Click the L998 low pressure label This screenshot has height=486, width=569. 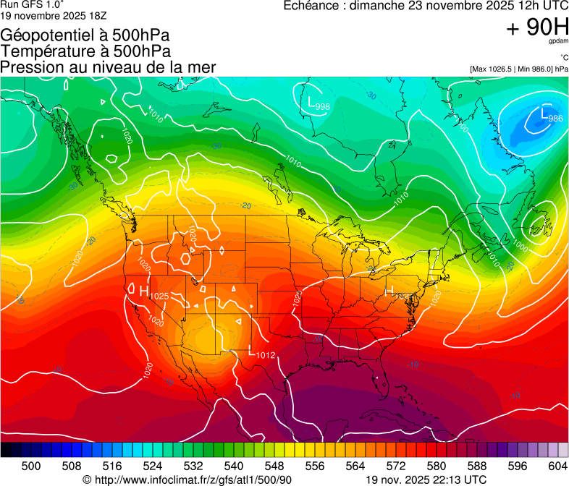[318, 104]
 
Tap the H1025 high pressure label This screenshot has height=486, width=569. [149, 293]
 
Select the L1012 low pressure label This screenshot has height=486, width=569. [261, 353]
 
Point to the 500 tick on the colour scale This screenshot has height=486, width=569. [31, 465]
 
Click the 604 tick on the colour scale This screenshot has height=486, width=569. [557, 465]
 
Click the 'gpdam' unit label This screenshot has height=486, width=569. [558, 42]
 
